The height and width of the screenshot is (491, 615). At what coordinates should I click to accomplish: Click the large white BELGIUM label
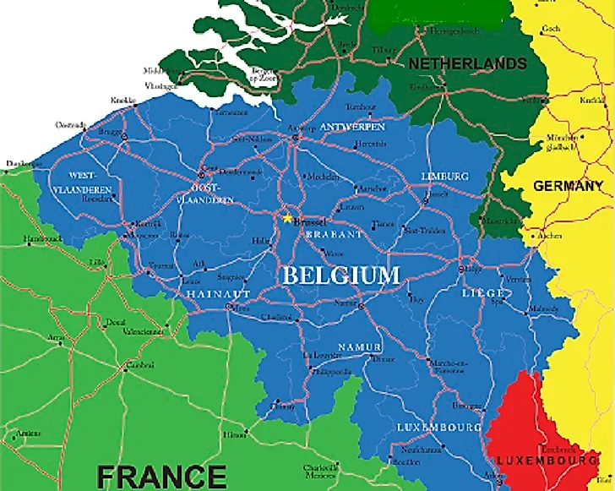click(x=340, y=275)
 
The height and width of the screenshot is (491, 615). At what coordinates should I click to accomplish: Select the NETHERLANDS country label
click(x=467, y=63)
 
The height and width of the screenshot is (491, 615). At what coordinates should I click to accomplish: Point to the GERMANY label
click(x=569, y=186)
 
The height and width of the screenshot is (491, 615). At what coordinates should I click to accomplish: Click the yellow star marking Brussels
click(x=287, y=218)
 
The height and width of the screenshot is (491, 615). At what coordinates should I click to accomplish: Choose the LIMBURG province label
click(x=444, y=176)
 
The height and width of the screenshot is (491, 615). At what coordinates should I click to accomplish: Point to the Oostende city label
click(x=71, y=124)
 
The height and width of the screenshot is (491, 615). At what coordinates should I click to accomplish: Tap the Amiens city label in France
click(x=28, y=434)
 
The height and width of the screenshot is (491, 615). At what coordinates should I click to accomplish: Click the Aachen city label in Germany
click(x=549, y=236)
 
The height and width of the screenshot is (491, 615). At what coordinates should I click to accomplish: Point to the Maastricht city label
click(x=493, y=221)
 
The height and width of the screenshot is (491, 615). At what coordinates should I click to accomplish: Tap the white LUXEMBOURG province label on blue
click(x=438, y=428)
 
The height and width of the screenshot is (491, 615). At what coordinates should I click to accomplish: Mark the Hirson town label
click(x=235, y=434)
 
